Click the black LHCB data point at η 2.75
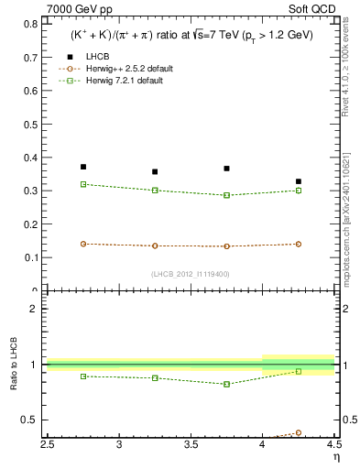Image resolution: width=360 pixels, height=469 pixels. click(x=83, y=167)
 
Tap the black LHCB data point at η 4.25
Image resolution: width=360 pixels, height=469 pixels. click(x=298, y=181)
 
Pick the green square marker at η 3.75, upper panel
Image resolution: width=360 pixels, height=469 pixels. click(x=226, y=195)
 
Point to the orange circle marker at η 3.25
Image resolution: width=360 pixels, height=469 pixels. click(x=155, y=245)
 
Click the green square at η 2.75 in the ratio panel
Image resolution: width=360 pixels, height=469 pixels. click(x=83, y=376)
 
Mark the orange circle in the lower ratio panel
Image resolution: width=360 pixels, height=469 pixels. click(x=298, y=432)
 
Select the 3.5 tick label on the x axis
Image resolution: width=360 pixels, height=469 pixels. click(x=191, y=445)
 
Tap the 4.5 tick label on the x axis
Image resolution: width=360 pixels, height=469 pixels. click(x=333, y=445)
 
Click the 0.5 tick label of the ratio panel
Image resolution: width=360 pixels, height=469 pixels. click(x=35, y=420)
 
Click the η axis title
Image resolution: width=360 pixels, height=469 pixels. click(x=335, y=456)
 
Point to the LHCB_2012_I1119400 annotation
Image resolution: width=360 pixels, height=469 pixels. click(x=191, y=273)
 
